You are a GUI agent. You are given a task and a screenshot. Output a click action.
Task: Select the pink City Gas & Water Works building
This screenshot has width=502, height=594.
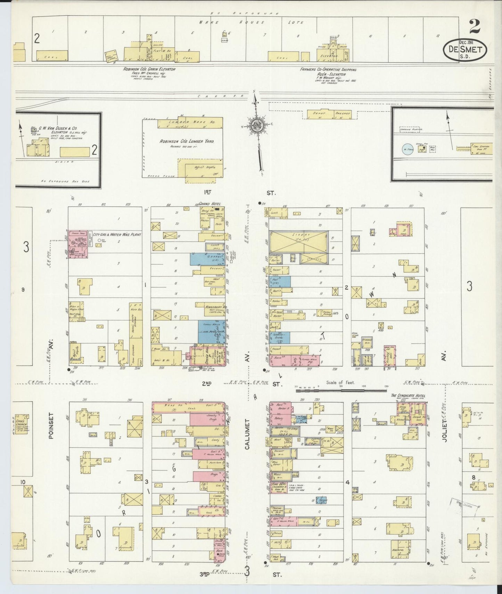click(77, 245)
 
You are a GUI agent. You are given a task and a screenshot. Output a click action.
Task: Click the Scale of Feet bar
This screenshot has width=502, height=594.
click(342, 390)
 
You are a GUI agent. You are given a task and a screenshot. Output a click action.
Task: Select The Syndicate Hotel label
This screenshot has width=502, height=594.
click(408, 396)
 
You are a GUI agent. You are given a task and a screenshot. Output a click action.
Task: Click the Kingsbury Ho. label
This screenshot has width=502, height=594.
click(216, 307)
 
